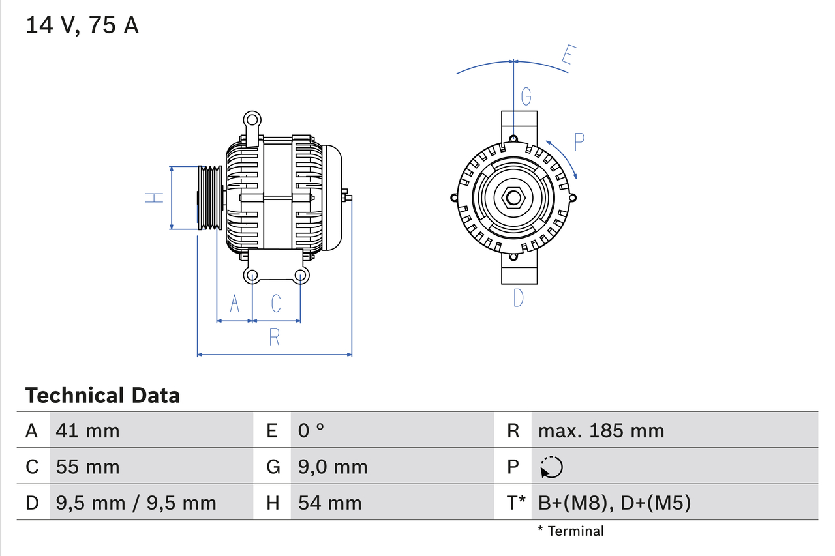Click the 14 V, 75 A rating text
point(82,25)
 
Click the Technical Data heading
point(102,395)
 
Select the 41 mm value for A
point(87,430)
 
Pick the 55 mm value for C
point(87,467)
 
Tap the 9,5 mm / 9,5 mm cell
point(136,503)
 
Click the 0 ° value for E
point(311,430)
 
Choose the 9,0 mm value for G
point(333,467)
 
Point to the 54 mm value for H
point(329,503)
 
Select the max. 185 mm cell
point(601,430)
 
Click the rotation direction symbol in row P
point(551,467)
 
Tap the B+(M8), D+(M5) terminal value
point(614,503)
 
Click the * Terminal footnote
point(571,531)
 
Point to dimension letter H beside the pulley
point(154,198)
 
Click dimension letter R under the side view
point(275,337)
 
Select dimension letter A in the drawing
point(235,303)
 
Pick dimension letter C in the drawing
point(276,303)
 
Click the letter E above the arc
point(569,57)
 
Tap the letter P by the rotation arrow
point(579,142)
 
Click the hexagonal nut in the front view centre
point(513,198)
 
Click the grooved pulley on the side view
point(210,198)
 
